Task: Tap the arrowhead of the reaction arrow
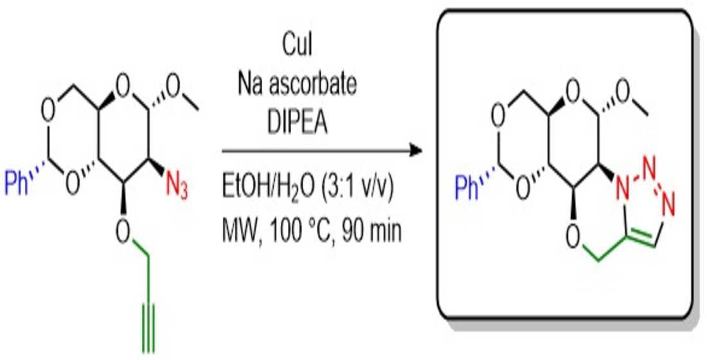[418, 152]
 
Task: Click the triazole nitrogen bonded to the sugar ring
[622, 187]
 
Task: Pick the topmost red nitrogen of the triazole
[649, 157]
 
